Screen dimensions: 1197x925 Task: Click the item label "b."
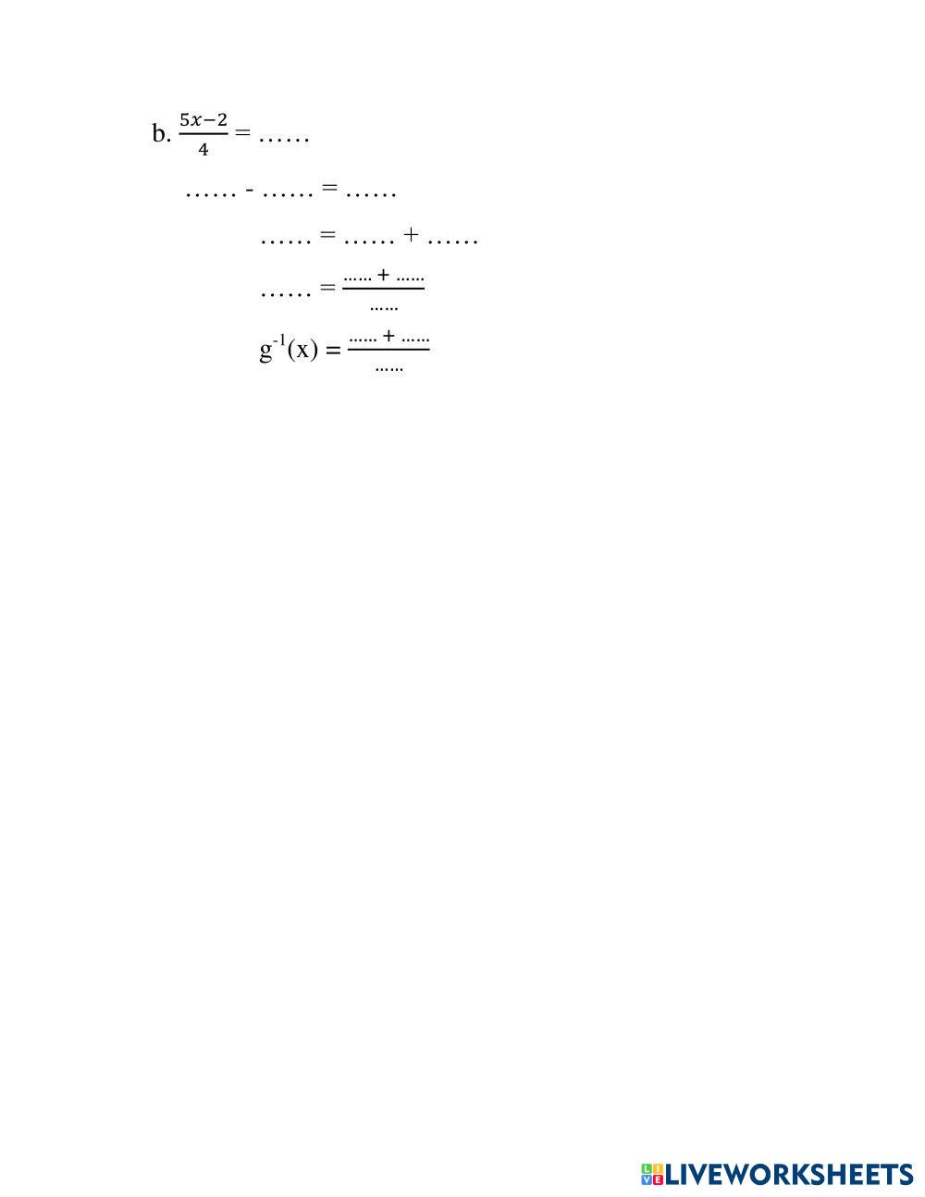point(161,135)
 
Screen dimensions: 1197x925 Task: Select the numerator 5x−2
point(203,120)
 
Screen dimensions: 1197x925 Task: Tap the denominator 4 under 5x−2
point(203,149)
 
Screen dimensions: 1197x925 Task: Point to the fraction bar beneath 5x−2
point(203,134)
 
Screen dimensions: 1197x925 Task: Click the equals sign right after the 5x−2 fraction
point(242,133)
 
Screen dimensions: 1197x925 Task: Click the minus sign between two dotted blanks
point(250,191)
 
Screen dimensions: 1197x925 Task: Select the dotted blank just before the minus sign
point(211,195)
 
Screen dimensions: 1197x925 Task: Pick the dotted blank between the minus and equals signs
point(289,195)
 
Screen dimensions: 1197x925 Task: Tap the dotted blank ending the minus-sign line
point(370,195)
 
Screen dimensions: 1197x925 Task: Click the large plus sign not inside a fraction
point(411,237)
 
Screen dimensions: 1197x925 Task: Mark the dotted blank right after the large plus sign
point(452,241)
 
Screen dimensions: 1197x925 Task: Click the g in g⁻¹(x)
point(265,352)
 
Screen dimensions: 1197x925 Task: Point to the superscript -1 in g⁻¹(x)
point(279,341)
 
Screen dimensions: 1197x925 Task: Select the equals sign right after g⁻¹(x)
point(334,351)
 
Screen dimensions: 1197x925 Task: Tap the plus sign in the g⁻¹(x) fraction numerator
point(389,336)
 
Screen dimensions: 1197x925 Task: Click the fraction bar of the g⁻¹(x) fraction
point(388,350)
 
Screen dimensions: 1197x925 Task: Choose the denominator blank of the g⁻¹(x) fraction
point(388,369)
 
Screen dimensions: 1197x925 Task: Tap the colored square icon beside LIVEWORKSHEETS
point(652,1175)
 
